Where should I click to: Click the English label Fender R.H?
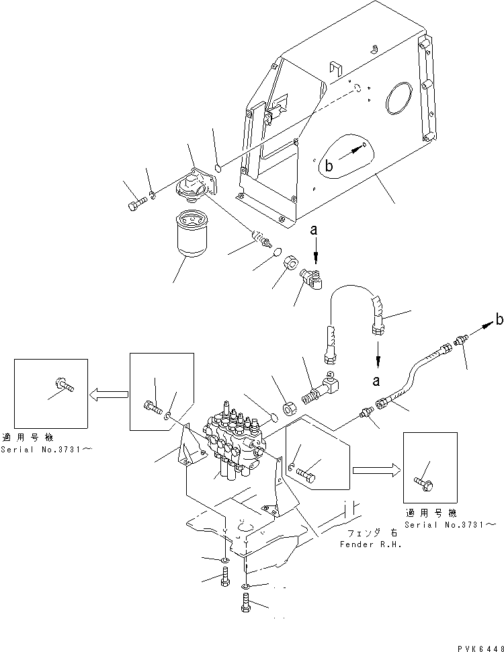(370, 544)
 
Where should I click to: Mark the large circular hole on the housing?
(398, 99)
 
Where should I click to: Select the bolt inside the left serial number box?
(64, 386)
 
